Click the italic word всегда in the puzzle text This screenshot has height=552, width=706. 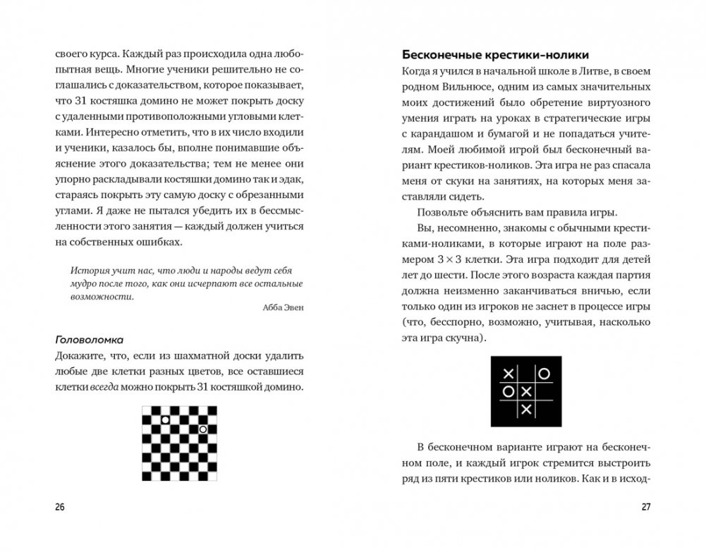105,387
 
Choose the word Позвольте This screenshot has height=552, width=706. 445,213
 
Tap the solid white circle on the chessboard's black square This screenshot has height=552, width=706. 165,420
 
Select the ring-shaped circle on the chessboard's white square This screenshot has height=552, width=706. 202,429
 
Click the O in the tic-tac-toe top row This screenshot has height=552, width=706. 544,373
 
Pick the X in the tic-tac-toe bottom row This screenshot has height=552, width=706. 526,409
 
